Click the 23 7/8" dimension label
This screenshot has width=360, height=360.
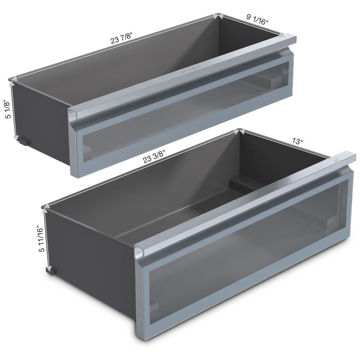click(x=121, y=38)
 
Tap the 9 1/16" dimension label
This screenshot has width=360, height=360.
click(x=257, y=19)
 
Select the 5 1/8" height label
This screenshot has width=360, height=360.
click(x=8, y=109)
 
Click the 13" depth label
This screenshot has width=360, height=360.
click(x=298, y=141)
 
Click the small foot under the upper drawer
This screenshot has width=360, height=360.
click(x=25, y=141)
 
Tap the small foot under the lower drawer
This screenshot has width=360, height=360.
click(x=52, y=271)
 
